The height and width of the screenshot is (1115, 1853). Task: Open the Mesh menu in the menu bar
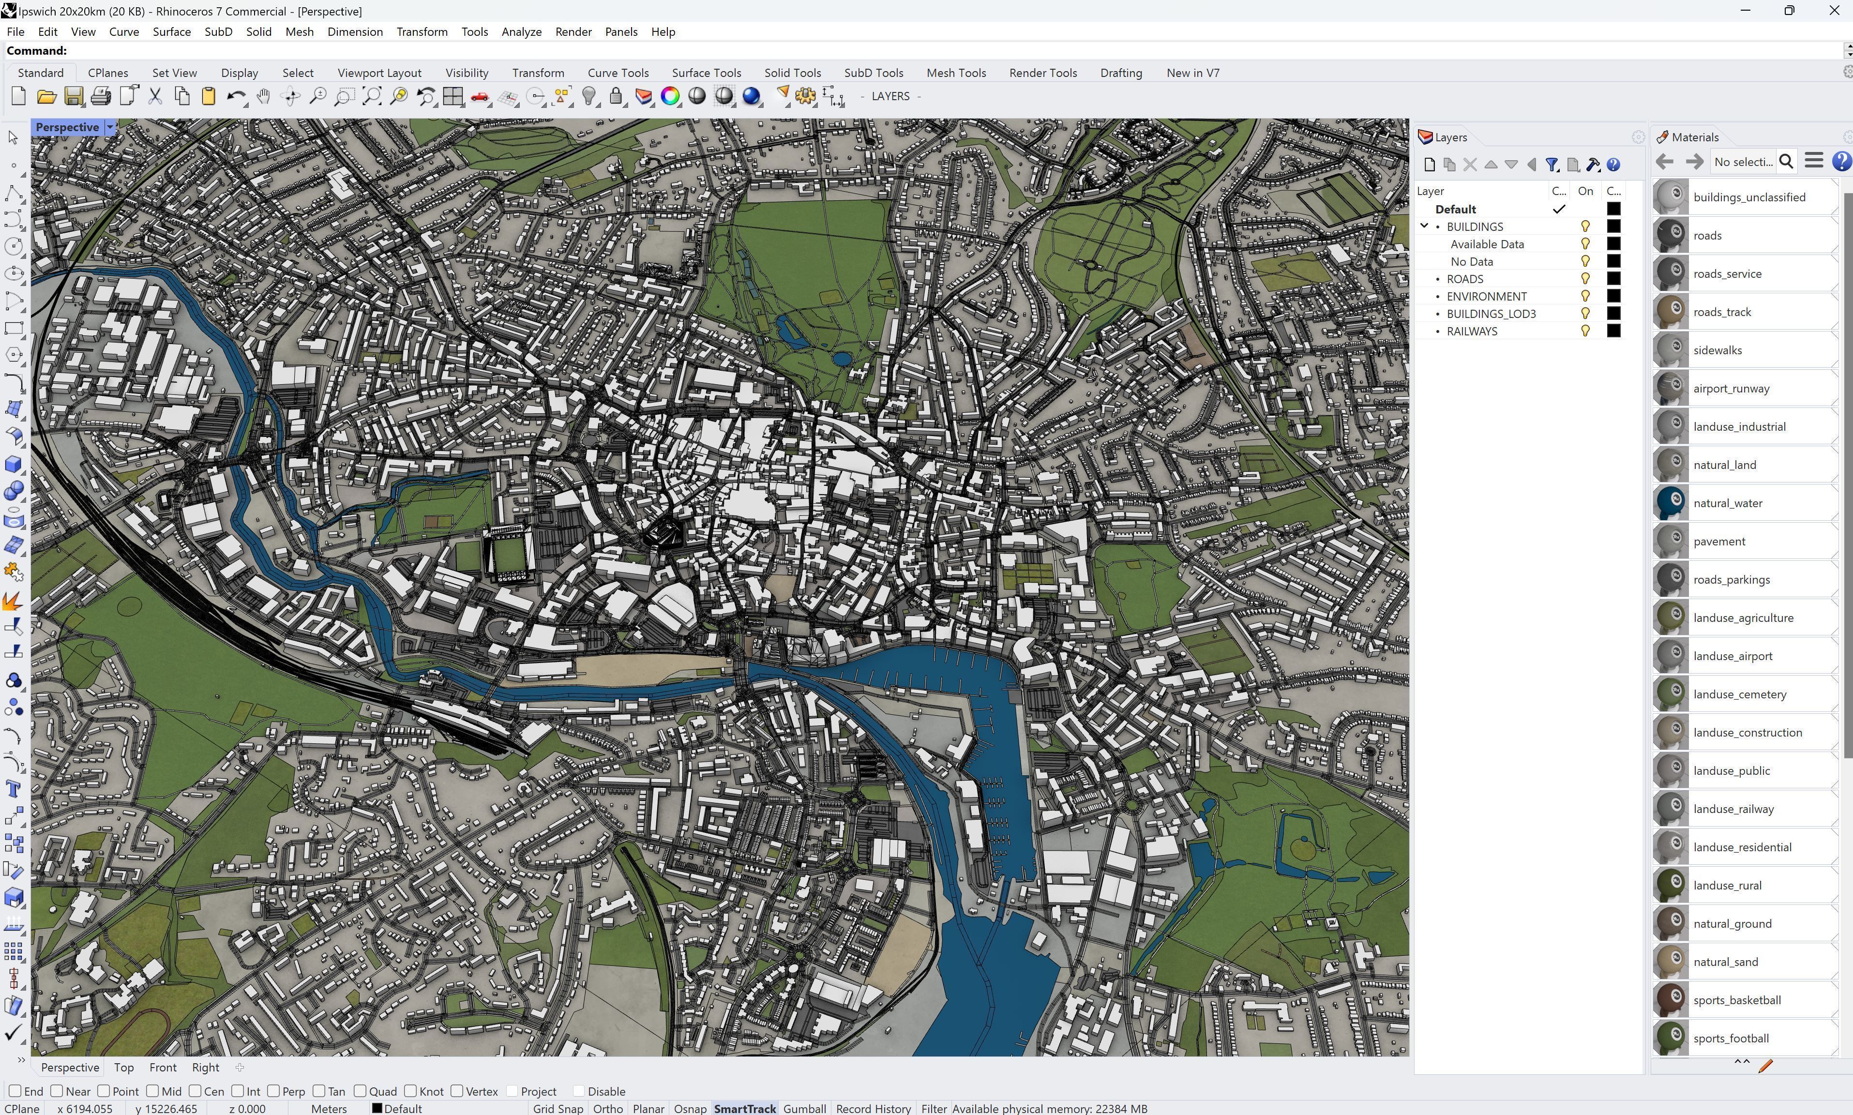pos(299,31)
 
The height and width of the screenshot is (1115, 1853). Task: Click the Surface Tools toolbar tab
pos(706,73)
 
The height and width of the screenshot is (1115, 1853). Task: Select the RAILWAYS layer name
pos(1472,331)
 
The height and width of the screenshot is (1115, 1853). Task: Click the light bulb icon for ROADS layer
pos(1585,279)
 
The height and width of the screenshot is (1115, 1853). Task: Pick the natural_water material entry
pos(1728,503)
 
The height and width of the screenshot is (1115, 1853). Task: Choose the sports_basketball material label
pos(1736,1000)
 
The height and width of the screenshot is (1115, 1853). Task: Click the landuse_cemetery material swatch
pos(1671,694)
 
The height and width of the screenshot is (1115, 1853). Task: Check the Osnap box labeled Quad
pos(361,1091)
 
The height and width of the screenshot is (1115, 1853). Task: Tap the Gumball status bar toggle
pos(804,1108)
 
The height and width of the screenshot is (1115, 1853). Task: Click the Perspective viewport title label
pos(67,127)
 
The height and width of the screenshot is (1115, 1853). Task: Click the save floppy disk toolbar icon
pos(74,96)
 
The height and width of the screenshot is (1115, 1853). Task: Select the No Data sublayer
pos(1472,261)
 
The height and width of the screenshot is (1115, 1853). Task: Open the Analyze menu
pos(521,31)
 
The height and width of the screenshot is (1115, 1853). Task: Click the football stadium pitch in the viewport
pos(509,555)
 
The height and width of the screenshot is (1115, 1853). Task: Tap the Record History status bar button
pos(873,1108)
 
